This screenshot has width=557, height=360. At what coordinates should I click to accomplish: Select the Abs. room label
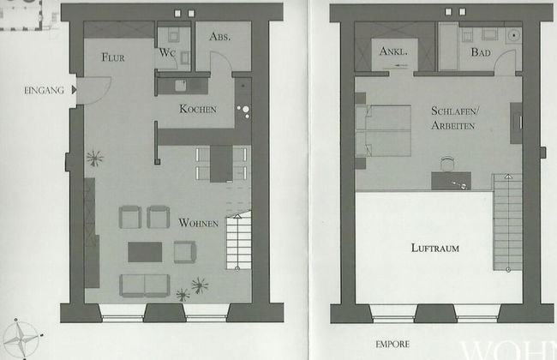click(219, 37)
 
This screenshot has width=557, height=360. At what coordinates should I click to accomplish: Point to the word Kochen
click(197, 109)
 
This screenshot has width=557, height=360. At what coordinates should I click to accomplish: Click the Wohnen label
click(199, 223)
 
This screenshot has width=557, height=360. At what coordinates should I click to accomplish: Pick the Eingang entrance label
click(44, 89)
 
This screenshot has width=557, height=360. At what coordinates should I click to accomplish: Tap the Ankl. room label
click(393, 51)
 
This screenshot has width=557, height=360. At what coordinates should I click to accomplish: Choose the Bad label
click(479, 51)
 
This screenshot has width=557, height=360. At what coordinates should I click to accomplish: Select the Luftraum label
click(434, 249)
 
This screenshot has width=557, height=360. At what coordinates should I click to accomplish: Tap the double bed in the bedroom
click(383, 130)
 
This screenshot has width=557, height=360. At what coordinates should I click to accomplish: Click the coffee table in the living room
click(145, 251)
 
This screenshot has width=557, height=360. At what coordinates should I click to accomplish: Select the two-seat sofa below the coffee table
click(145, 285)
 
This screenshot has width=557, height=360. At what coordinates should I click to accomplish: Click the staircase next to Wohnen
click(237, 241)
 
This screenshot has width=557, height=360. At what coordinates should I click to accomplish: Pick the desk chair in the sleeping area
click(446, 162)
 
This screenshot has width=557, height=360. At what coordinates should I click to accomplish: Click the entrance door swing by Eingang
click(93, 89)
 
